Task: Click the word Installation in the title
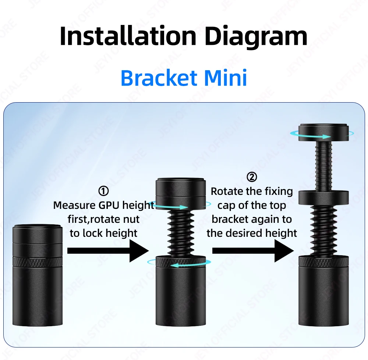pos(128,36)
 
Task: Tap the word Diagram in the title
pos(256,38)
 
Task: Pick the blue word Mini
pos(226,78)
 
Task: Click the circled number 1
pos(103,191)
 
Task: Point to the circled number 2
pos(252,177)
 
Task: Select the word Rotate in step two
pos(226,191)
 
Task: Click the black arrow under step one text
pos(108,251)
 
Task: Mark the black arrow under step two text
pos(253,251)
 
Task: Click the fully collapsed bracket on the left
pos(38,275)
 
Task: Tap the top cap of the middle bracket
pos(181,194)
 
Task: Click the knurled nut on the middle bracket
pos(181,261)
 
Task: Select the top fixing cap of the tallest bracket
pos(323,132)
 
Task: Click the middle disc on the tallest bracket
pos(323,197)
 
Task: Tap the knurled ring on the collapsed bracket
pos(38,261)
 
